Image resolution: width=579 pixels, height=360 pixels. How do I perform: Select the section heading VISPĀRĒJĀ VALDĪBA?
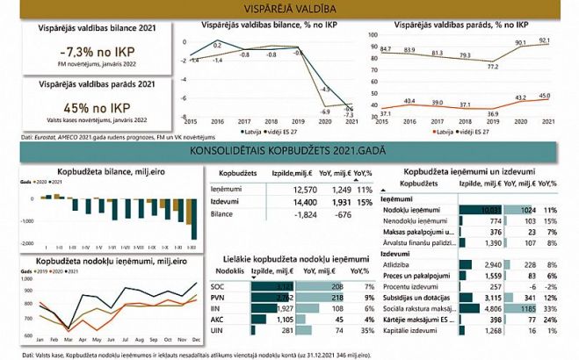pos(289,9)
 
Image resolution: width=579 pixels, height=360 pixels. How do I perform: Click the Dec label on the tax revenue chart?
pos(195,339)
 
